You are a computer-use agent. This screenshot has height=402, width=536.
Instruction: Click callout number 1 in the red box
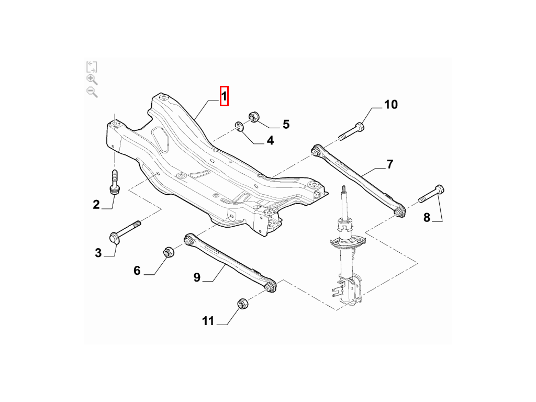[224, 96]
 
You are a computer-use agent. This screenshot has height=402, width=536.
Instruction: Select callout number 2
[96, 205]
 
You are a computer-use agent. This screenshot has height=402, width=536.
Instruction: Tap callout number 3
[98, 253]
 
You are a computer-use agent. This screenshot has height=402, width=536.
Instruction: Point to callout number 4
[270, 140]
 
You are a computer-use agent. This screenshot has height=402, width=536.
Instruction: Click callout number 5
[286, 124]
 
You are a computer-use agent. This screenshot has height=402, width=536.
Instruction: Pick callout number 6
[137, 271]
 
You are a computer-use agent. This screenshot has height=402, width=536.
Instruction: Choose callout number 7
[390, 164]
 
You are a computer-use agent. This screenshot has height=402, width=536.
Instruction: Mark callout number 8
[427, 217]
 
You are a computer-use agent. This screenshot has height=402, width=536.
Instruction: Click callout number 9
[197, 277]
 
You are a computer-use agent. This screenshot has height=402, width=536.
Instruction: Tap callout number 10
[390, 104]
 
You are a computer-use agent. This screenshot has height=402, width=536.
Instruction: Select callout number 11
[208, 321]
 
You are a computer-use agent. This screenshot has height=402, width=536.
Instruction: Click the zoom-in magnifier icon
[92, 80]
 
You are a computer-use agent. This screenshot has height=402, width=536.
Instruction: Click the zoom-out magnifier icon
[92, 92]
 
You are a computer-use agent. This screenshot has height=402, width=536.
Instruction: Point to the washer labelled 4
[239, 126]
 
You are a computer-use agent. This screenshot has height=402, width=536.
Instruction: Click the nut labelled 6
[169, 252]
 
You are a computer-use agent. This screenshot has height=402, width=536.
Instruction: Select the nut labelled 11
[242, 303]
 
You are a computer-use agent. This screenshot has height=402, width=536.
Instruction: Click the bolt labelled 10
[351, 131]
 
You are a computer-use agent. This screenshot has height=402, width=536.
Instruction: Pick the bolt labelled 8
[431, 194]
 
